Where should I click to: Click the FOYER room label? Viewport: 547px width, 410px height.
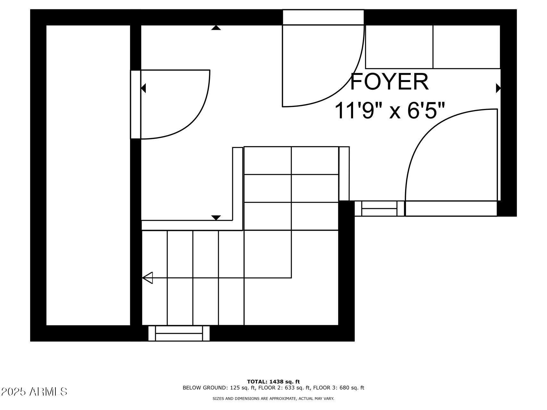point(389,82)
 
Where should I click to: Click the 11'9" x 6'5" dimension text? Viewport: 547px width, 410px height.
point(390,111)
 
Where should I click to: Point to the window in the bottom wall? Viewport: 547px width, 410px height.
point(179,333)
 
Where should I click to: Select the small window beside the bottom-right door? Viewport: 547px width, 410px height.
point(379,209)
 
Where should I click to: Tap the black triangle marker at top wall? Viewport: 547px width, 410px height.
point(216,28)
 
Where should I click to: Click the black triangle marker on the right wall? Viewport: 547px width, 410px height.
point(498,88)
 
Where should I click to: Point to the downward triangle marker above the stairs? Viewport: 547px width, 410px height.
point(216,218)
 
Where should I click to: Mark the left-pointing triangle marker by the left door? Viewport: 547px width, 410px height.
point(144,88)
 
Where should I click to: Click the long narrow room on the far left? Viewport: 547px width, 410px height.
point(88,175)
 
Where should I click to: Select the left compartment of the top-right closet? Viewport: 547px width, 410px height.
point(399,47)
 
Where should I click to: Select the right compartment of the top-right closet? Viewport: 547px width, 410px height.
point(466,47)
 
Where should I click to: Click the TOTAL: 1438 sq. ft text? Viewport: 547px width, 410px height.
point(273,381)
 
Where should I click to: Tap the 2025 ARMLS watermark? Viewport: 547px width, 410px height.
point(34,391)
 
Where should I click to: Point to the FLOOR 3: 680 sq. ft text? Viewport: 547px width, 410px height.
point(338,388)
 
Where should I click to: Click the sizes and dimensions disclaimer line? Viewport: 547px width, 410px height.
point(273,399)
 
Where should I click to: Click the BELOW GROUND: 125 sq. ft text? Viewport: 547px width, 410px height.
point(219,388)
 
